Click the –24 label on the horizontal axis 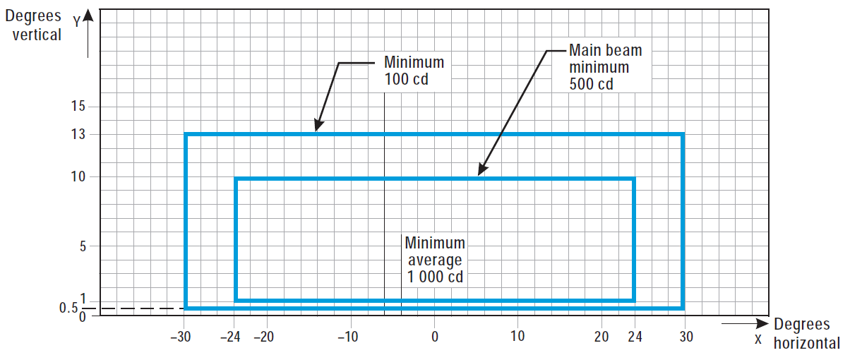pos(230,337)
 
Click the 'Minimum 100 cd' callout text pos(414,70)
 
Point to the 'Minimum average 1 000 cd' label pos(435,259)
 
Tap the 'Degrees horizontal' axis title pos(807,333)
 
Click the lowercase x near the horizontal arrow pos(758,339)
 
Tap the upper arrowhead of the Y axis pos(88,14)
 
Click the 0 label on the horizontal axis pos(434,337)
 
